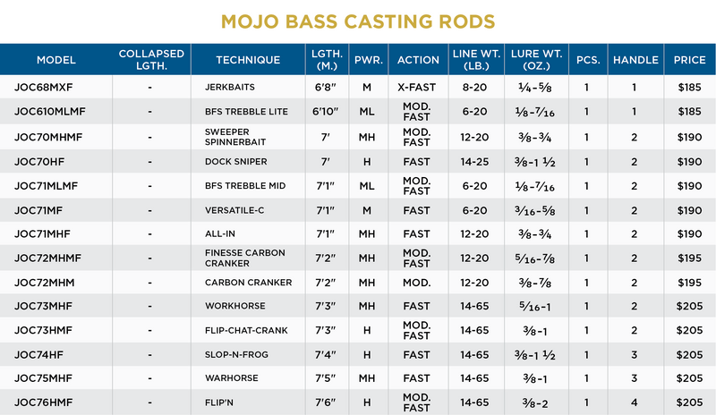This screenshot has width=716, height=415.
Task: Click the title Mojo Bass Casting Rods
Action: tap(358, 20)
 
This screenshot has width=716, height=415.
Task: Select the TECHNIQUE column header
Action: tap(248, 60)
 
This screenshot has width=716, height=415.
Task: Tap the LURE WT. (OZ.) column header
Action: tap(535, 60)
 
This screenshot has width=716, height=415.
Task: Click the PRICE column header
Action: tap(689, 60)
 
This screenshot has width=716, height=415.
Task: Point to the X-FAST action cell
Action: tap(417, 89)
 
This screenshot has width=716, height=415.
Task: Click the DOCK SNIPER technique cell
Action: tap(237, 161)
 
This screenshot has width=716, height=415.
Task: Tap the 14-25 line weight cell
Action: tap(473, 161)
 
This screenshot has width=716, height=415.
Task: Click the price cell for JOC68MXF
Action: tap(689, 89)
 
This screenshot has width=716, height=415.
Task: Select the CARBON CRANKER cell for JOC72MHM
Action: tap(248, 282)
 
